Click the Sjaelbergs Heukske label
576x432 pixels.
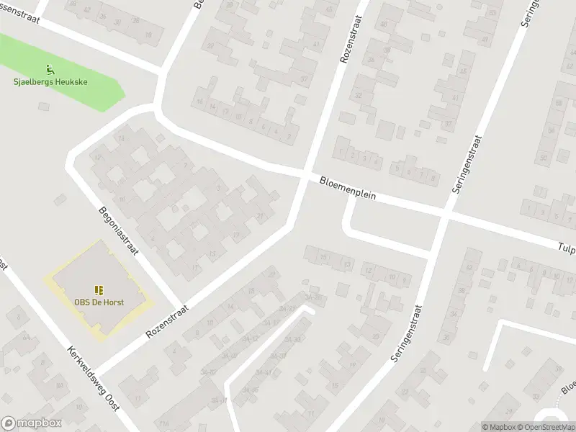(x=50, y=82)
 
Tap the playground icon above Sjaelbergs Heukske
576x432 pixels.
(x=50, y=70)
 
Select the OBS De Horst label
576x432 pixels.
(x=99, y=301)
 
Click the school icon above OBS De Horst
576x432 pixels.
(x=99, y=290)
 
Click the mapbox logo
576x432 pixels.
(x=32, y=423)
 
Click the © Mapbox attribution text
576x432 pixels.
(x=499, y=427)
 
